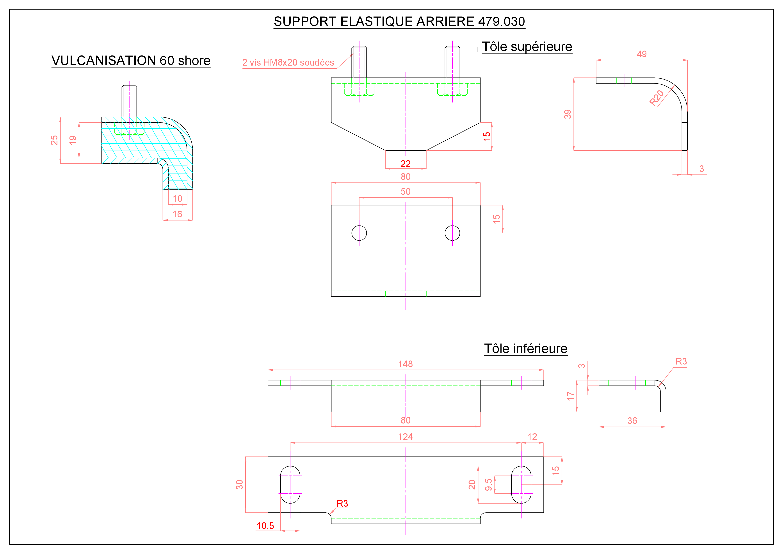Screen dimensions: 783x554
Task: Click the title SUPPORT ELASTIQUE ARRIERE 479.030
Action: click(x=399, y=21)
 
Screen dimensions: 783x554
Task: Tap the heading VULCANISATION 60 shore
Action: click(x=131, y=61)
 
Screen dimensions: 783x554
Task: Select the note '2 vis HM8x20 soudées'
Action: click(x=288, y=63)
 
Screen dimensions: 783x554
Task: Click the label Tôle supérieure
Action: click(x=527, y=47)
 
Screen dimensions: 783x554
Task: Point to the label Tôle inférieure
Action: click(x=526, y=349)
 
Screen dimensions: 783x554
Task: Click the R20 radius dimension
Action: click(x=657, y=98)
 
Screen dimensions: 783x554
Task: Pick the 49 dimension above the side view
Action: click(x=642, y=54)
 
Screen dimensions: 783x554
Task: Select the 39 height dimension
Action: click(x=568, y=114)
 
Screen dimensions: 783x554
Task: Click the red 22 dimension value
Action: click(x=406, y=164)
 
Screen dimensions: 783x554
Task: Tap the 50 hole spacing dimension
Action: click(x=406, y=191)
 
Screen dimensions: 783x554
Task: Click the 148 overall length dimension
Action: click(x=406, y=364)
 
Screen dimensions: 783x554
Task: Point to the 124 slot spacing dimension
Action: click(x=406, y=437)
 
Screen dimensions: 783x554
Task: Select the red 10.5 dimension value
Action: click(x=265, y=526)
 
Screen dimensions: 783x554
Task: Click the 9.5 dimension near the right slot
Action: click(x=489, y=484)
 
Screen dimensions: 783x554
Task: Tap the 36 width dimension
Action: click(x=632, y=421)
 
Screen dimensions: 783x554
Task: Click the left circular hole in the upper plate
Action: click(x=359, y=233)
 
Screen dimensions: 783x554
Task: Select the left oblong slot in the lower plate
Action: click(x=290, y=485)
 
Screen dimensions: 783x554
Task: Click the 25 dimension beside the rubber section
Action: click(x=54, y=140)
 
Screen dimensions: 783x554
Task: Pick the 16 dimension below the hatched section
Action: click(x=177, y=214)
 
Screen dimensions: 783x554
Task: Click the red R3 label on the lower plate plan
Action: click(x=342, y=504)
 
